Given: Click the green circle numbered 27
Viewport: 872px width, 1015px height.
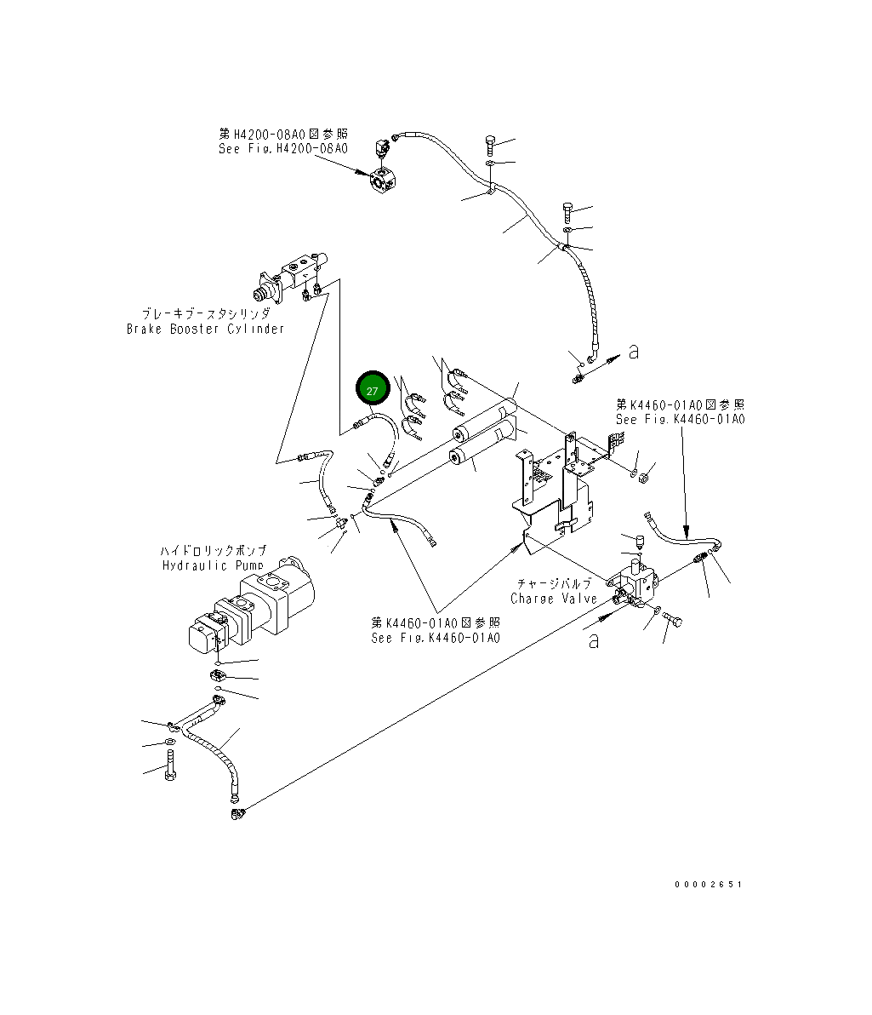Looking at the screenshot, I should coord(373,390).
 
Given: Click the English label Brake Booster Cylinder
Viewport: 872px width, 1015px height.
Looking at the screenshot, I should coord(205,329).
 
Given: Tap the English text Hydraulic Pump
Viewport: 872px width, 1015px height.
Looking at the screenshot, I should coord(212,565).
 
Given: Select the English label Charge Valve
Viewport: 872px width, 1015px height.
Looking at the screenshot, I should coord(554,599).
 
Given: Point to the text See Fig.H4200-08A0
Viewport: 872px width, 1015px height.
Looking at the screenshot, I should coord(282,148).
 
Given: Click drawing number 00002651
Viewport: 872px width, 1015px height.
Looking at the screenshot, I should coord(708,885).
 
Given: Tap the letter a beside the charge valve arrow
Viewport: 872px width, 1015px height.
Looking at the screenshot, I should coord(594,640).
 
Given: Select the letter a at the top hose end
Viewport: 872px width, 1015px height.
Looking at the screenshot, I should coord(633,352).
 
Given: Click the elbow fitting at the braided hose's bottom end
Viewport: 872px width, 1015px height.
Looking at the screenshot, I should coord(235,814).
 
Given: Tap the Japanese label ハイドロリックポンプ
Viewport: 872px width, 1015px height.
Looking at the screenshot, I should coord(214,551).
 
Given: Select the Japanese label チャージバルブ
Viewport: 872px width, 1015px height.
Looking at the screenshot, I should coord(554,583).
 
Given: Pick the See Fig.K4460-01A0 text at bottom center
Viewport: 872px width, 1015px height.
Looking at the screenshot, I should coord(435,638).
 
